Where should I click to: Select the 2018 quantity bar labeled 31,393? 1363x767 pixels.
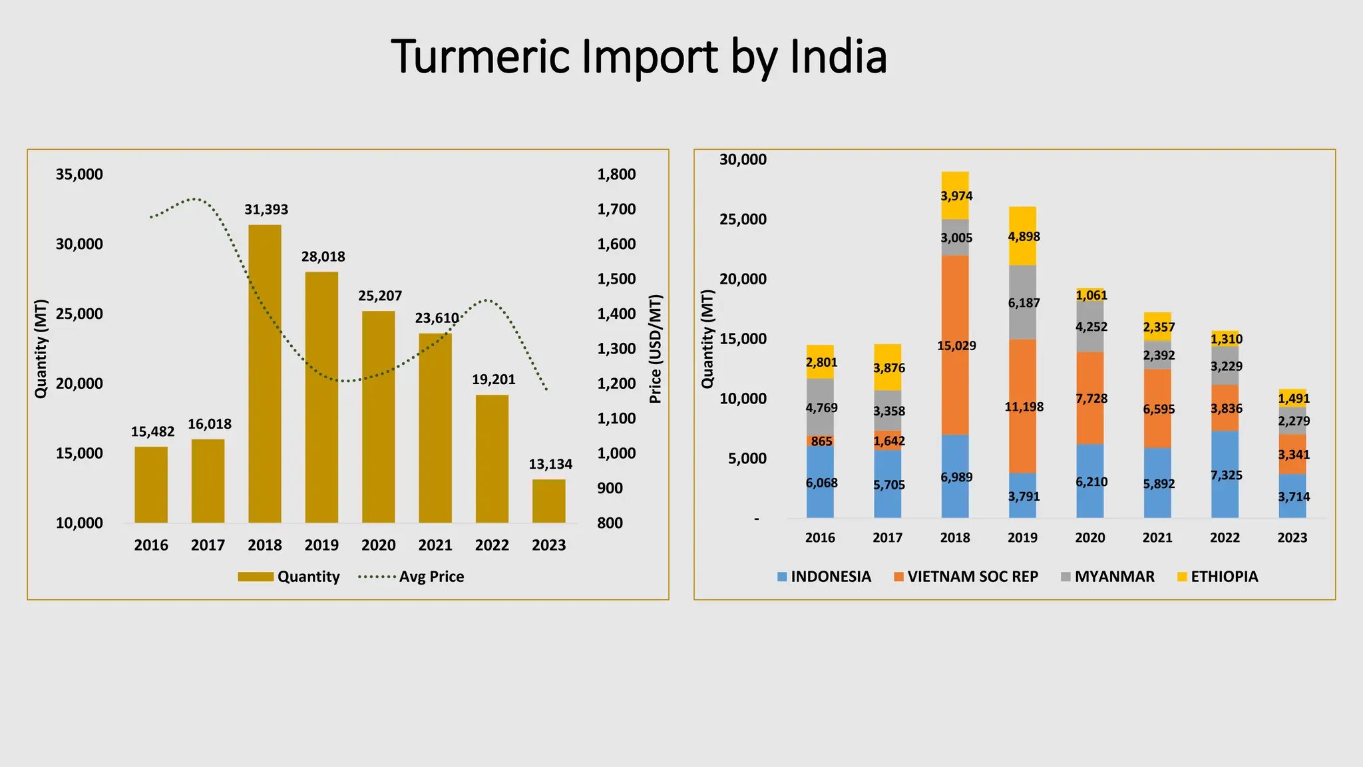(265, 373)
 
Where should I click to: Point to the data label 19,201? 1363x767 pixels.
(494, 380)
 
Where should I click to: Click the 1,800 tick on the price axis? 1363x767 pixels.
(616, 174)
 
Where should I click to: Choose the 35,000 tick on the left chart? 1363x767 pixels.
(79, 174)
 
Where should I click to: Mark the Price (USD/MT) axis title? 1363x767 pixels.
(656, 349)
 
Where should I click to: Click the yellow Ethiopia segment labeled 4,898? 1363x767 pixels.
(1022, 236)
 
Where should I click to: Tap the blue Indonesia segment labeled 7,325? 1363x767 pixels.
(1225, 474)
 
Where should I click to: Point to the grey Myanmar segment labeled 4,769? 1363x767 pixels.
(820, 407)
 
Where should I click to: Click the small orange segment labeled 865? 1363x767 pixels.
(820, 441)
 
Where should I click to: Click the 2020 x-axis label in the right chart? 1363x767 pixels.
(1089, 538)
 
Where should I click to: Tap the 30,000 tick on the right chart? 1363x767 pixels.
(743, 160)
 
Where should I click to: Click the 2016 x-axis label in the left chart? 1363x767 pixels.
(151, 545)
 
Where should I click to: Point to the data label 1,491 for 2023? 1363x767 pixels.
(1293, 398)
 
